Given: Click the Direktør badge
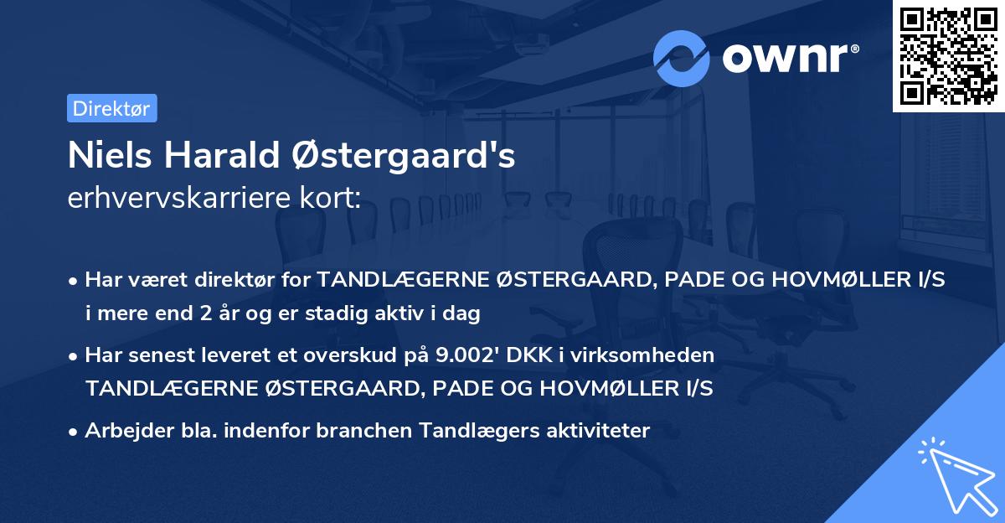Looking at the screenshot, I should point(111,108).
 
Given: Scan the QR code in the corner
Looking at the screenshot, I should point(948,56).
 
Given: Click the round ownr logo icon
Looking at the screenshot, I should point(682,58).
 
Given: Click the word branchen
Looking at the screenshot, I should point(350,431).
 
